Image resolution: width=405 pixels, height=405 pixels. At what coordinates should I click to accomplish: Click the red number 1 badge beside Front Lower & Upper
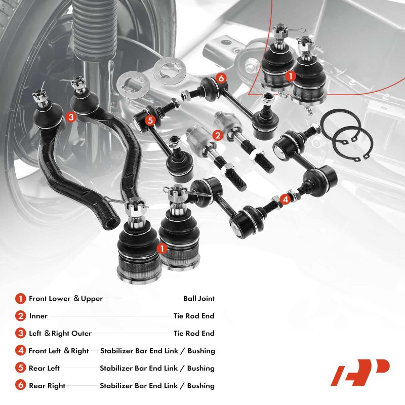(x=20, y=299)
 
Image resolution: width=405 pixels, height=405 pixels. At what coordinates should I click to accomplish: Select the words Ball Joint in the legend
(x=198, y=299)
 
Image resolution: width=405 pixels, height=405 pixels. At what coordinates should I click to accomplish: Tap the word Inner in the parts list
(x=38, y=316)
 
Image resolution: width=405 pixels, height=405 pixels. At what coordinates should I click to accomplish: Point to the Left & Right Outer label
(x=60, y=333)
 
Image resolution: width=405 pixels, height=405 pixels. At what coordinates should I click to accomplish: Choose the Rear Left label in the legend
(x=44, y=368)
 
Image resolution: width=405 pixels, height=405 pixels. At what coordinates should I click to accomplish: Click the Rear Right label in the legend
(x=47, y=386)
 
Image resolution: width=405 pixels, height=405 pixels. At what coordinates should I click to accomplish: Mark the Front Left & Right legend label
(x=59, y=351)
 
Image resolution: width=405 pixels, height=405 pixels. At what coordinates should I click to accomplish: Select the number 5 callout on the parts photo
(x=150, y=120)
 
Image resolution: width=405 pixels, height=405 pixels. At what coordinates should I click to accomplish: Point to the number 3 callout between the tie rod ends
(x=70, y=117)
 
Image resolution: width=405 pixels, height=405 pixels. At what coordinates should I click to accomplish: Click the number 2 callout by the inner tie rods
(x=218, y=135)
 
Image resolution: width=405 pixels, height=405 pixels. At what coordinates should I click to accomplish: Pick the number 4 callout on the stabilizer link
(x=286, y=199)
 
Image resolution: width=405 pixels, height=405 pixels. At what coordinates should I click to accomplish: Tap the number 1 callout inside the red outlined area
(x=290, y=76)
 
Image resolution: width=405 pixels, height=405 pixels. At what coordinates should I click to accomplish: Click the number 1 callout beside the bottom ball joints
(x=161, y=248)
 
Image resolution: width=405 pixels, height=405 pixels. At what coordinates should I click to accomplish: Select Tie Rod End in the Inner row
(x=194, y=316)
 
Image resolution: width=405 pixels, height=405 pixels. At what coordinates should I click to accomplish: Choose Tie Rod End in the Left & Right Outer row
(x=194, y=333)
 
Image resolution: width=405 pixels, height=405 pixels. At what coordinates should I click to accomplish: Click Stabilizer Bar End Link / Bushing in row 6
(x=157, y=386)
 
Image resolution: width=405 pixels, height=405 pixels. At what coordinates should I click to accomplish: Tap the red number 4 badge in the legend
(x=20, y=351)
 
